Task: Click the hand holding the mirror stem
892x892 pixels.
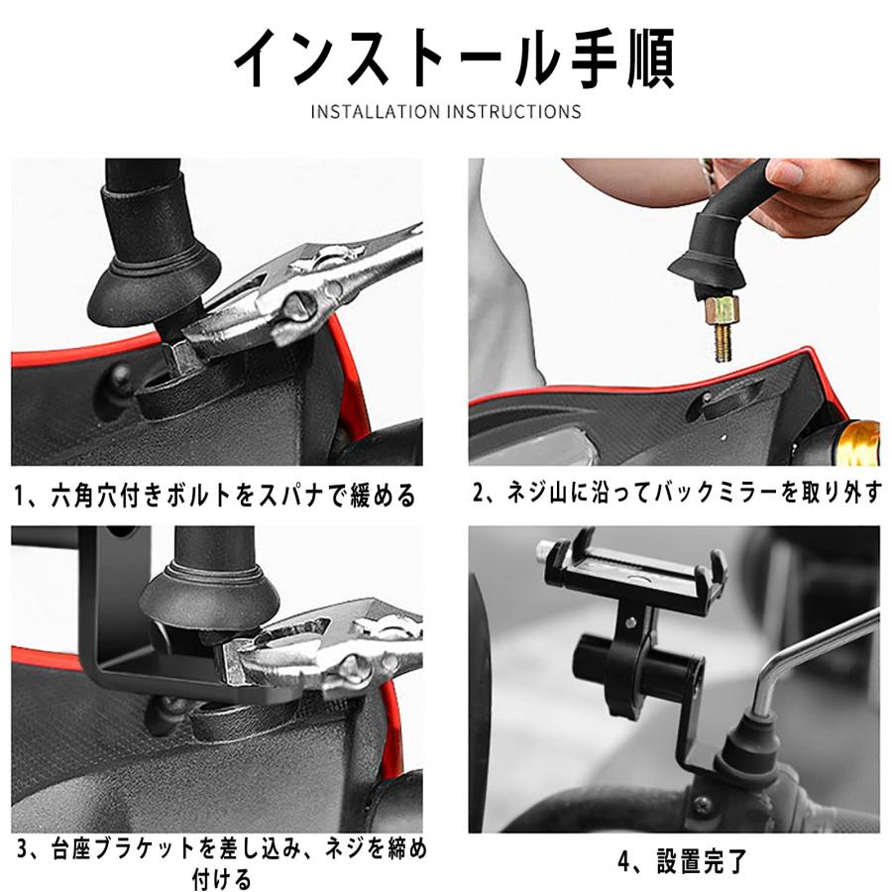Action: coord(813,193)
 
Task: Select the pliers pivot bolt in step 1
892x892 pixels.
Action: coord(298,302)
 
